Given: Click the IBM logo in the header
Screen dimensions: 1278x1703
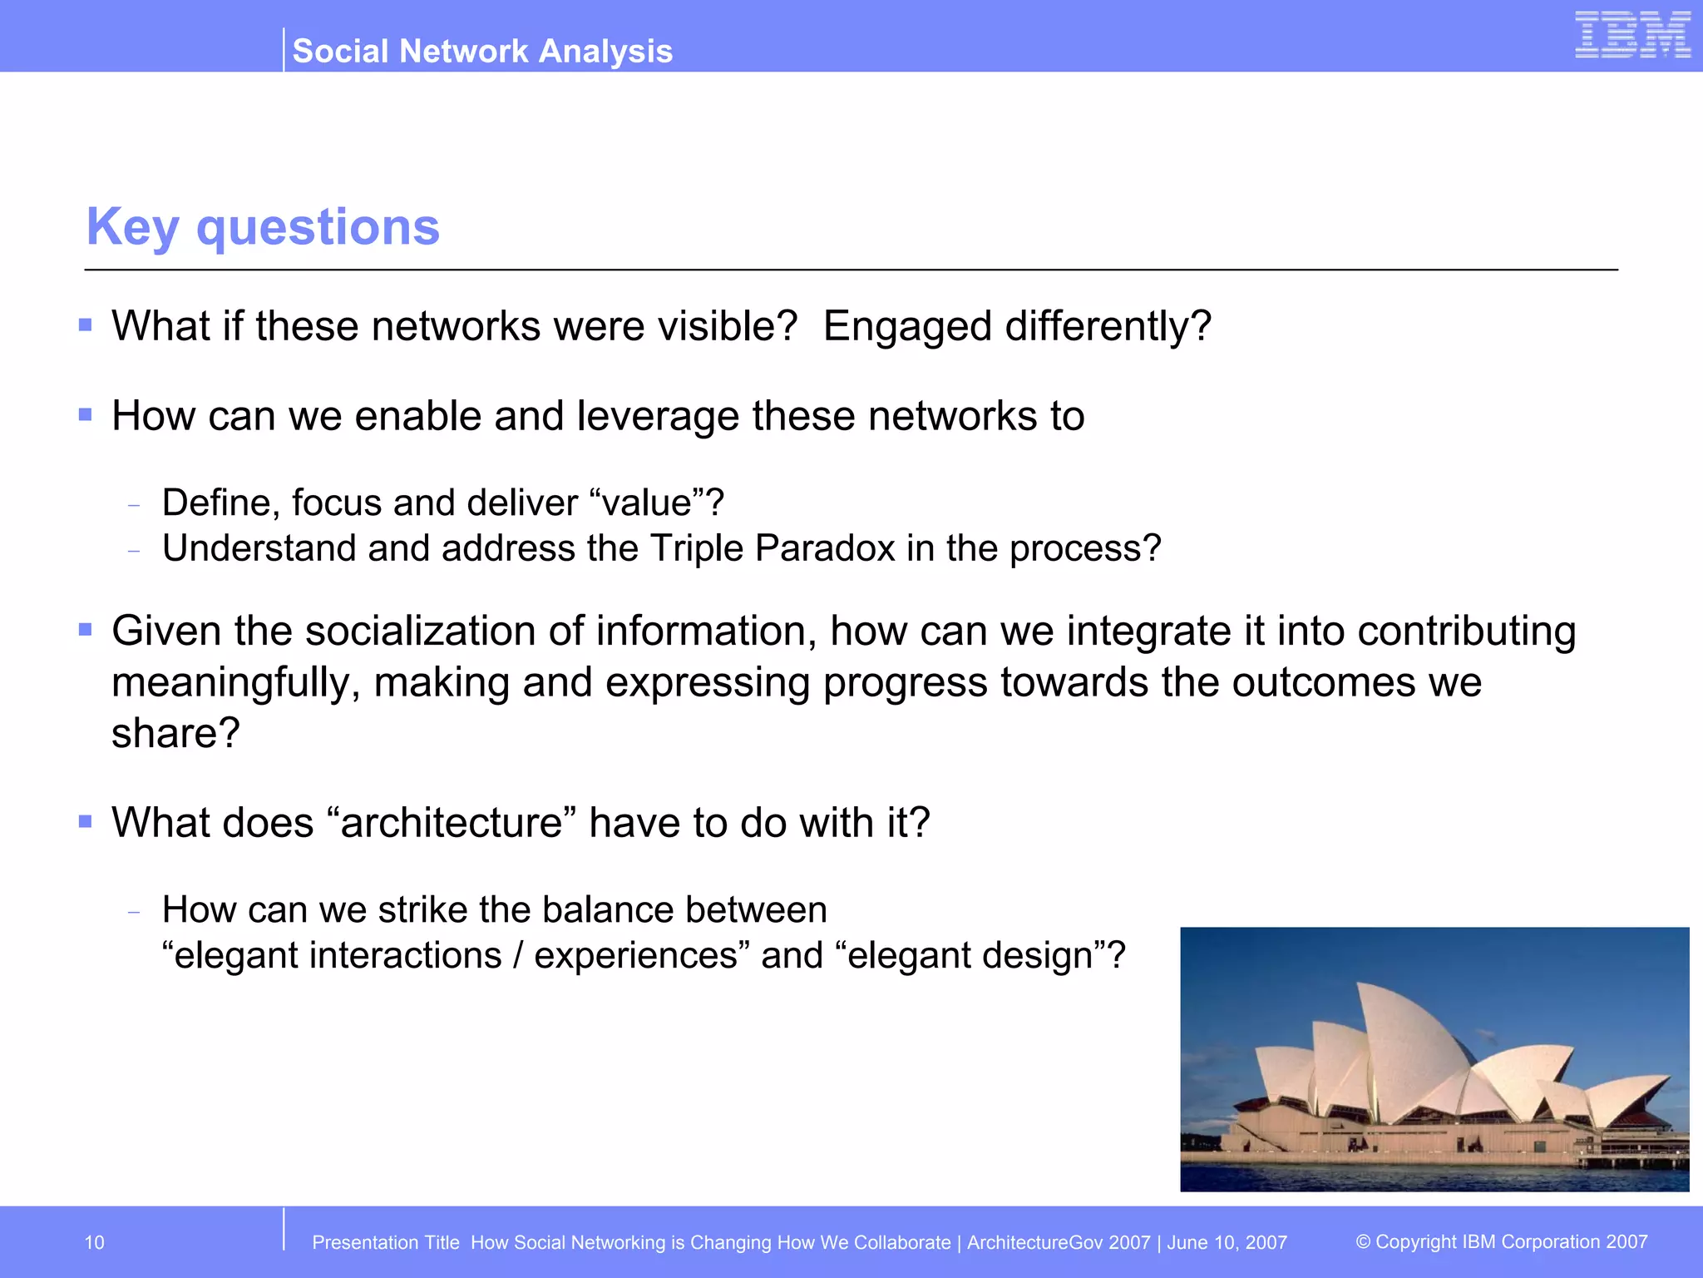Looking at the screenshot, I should (x=1632, y=35).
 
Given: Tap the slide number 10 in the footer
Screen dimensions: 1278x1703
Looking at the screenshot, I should (x=94, y=1242).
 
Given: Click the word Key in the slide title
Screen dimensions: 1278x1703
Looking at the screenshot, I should (x=133, y=227).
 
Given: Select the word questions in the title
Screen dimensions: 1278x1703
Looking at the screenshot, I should (x=318, y=227).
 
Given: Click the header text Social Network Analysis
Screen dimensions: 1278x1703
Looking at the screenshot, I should (x=482, y=52).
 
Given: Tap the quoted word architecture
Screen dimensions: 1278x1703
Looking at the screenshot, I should (x=452, y=823).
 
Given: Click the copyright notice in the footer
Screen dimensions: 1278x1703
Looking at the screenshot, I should (x=1501, y=1241).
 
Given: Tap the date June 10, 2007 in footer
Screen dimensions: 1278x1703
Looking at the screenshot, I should (x=1227, y=1242).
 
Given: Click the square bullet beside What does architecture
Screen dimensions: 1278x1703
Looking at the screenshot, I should (x=85, y=822).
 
